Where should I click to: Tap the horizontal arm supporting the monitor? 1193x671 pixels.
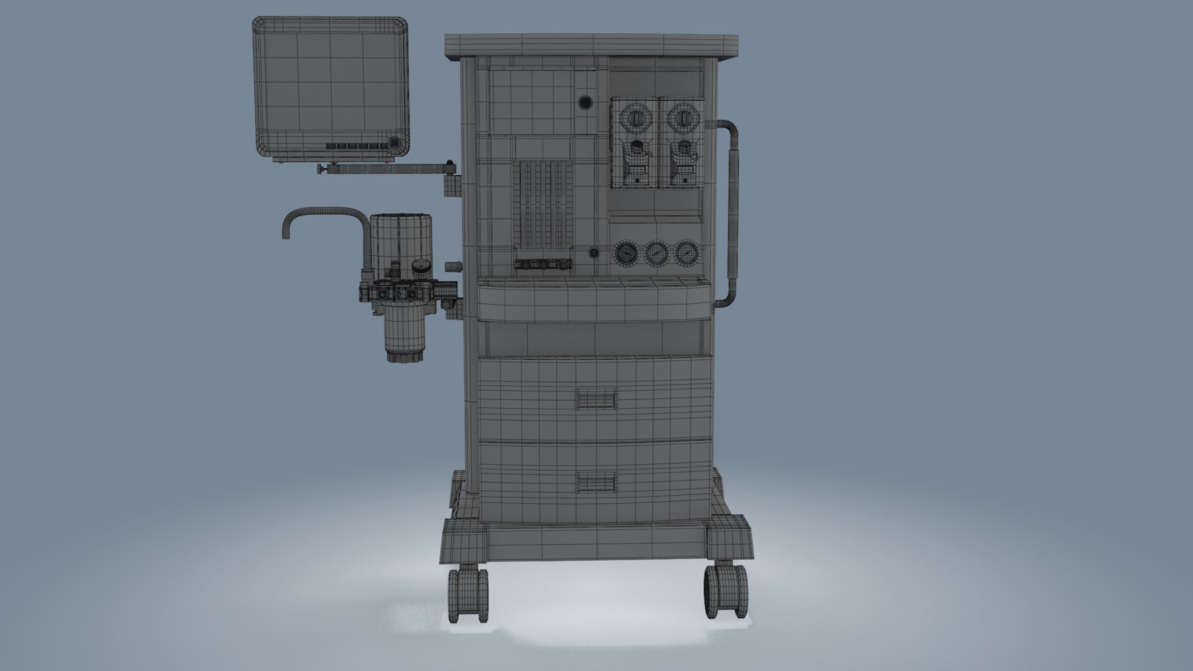(385, 168)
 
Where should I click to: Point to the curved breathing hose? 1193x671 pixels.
(323, 214)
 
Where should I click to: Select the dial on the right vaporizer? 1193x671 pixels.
(683, 116)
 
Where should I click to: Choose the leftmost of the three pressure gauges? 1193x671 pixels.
(627, 253)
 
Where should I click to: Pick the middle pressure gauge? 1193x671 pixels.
(656, 253)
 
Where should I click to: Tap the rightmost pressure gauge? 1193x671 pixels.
(685, 253)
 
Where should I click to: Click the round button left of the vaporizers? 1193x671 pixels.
(585, 102)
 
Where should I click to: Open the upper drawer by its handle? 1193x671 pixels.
(596, 399)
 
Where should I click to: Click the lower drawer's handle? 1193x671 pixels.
(596, 482)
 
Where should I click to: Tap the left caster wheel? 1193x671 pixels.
(468, 595)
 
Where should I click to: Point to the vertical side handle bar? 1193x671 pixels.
(733, 211)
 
